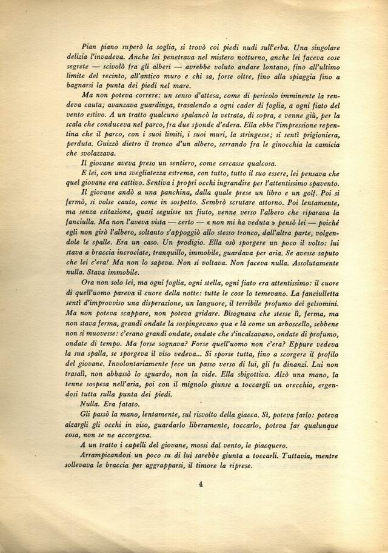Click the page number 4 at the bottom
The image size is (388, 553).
point(199,484)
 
